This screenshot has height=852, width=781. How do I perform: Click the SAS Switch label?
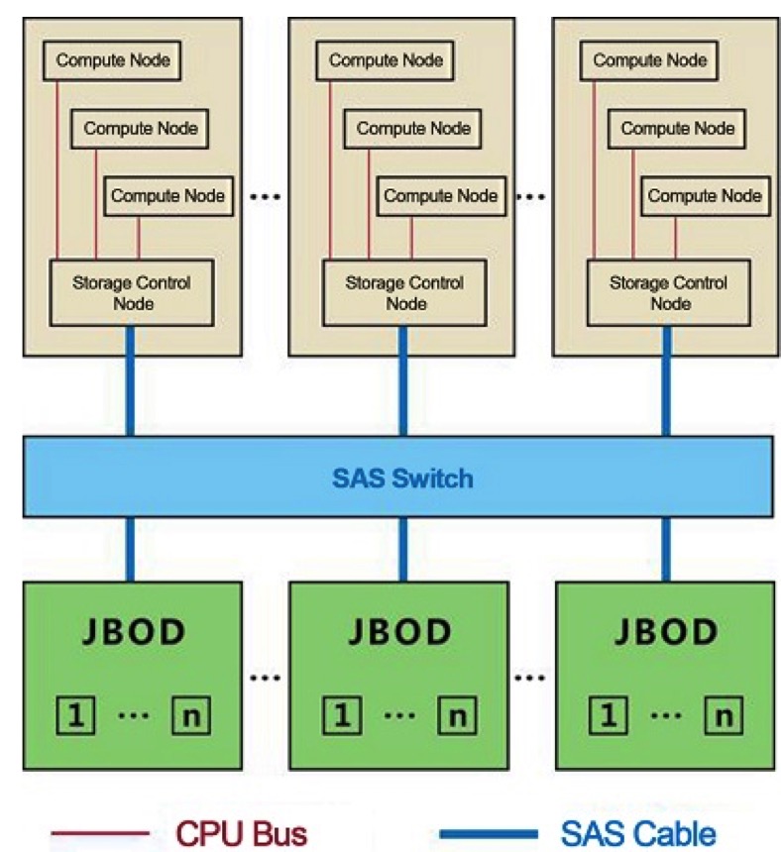click(401, 479)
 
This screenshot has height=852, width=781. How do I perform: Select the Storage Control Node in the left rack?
click(131, 292)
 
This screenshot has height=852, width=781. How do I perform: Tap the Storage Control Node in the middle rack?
click(404, 292)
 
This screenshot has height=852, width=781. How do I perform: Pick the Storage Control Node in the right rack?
click(668, 292)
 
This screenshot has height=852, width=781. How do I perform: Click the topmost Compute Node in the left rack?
click(113, 60)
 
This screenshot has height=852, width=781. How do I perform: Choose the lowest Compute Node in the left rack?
click(167, 195)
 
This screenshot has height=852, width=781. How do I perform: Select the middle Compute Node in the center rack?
click(413, 128)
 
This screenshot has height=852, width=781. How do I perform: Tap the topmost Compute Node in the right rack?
click(650, 60)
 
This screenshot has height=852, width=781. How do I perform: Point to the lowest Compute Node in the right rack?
click(705, 195)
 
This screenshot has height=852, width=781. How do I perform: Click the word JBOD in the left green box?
click(131, 631)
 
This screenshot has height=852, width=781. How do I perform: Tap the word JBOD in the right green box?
click(664, 631)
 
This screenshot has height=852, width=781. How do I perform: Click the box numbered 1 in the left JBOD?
click(74, 714)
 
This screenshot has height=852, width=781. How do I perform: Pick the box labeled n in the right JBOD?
click(725, 714)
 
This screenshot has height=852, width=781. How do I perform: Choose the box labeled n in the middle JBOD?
click(457, 714)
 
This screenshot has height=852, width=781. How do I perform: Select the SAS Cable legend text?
click(637, 830)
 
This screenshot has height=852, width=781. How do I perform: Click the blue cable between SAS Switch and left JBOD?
click(130, 550)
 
